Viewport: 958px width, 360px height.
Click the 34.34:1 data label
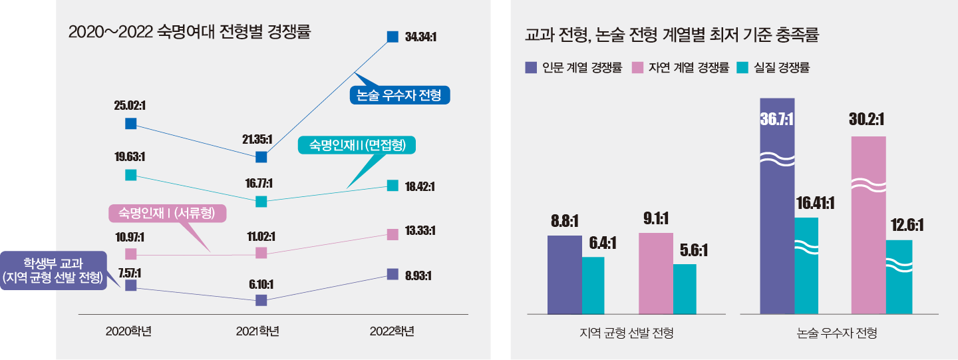pos(420,37)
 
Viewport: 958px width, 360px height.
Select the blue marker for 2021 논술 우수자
pos(261,157)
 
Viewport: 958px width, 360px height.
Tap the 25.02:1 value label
pos(130,105)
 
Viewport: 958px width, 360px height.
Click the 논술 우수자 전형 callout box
pos(400,95)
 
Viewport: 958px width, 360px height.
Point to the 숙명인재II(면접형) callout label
pos(357,145)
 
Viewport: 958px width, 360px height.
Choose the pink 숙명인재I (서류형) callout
pos(168,213)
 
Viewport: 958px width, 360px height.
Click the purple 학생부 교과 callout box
pos(53,270)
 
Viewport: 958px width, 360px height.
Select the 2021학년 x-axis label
pos(257,331)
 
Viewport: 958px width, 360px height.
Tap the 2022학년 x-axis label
pos(393,331)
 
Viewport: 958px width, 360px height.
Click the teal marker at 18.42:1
pos(393,186)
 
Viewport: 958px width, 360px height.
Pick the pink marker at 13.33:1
pos(393,234)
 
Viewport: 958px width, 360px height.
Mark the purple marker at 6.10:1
pos(261,300)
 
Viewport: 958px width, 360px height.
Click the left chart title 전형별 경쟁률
pos(190,31)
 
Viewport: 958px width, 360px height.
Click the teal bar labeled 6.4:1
pos(593,285)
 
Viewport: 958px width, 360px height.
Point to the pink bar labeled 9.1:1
pos(655,273)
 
